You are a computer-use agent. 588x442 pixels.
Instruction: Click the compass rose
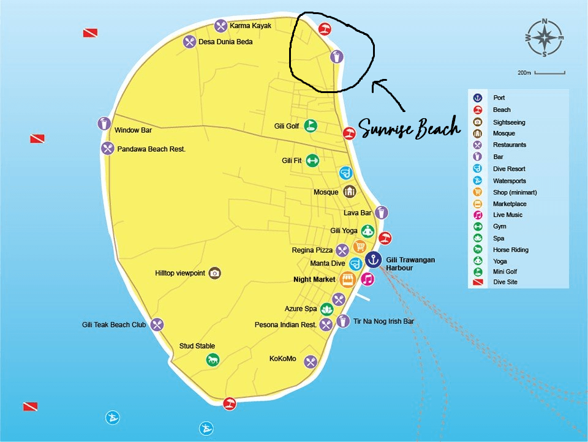pos(545,37)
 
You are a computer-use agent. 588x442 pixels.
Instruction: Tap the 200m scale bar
pos(549,73)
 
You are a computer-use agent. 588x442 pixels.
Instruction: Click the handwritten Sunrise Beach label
pos(409,128)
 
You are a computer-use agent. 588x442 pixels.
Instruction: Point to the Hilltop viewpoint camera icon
pos(214,273)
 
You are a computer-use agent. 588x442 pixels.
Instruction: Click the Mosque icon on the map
pos(349,192)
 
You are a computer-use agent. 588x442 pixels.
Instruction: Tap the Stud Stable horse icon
pos(212,360)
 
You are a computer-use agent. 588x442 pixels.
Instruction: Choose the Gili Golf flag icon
pos(311,126)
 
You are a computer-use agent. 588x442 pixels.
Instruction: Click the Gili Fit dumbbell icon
pos(312,160)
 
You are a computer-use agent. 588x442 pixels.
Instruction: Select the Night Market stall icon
pos(347,279)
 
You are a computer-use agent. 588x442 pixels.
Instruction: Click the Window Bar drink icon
pos(104,123)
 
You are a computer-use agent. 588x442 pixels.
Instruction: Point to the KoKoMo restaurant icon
pos(311,362)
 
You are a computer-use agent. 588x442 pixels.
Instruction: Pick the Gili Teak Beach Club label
pos(115,325)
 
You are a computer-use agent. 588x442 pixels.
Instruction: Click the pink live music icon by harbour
pos(367,279)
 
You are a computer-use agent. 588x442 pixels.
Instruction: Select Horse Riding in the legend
pos(510,250)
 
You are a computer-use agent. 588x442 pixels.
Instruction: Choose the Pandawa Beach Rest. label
pos(151,149)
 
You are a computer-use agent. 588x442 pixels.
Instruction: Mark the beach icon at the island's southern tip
pos(230,403)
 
